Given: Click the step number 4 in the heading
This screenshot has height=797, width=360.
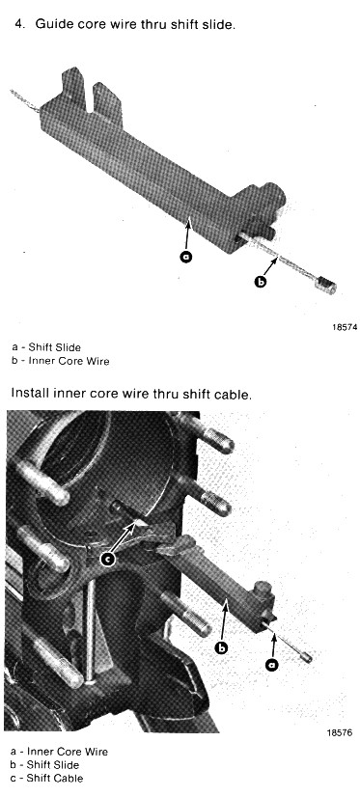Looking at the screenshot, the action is (x=18, y=24).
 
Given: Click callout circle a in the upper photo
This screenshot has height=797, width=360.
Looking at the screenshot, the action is (x=186, y=257).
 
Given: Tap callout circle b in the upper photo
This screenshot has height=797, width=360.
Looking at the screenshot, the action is (x=261, y=282).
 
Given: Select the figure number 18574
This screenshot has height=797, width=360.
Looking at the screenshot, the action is (x=345, y=327).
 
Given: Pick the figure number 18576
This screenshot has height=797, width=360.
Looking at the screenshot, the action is (x=339, y=732).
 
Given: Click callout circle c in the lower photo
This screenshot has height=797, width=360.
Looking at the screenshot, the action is (x=107, y=560).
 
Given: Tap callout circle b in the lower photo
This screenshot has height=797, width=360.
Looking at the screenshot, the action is (x=221, y=647).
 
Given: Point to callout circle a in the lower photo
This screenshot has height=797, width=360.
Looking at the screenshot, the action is (x=273, y=664).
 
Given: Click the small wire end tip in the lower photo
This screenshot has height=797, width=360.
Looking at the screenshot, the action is (x=307, y=658).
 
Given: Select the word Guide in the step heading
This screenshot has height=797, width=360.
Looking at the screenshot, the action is (x=49, y=24).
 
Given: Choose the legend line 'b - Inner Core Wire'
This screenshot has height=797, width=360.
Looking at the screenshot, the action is (x=60, y=362).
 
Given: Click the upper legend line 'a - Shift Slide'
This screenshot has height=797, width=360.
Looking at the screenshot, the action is (x=45, y=347).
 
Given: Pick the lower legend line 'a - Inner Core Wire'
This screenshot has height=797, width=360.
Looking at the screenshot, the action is (x=59, y=751).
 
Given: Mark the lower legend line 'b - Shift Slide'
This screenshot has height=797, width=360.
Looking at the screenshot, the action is (x=44, y=764).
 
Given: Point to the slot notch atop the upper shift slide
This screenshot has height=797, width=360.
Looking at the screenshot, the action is (x=89, y=96).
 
